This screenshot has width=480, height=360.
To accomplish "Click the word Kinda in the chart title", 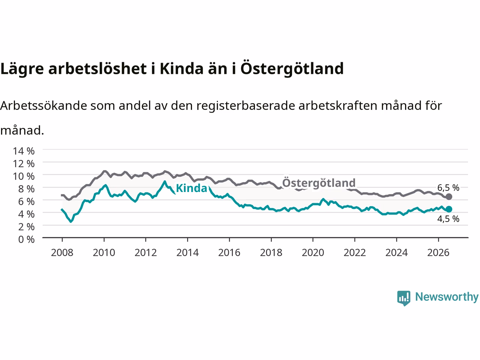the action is pyautogui.click(x=181, y=69).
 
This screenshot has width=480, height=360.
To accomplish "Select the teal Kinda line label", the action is pyautogui.click(x=191, y=188).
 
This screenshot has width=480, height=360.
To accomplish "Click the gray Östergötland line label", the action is pyautogui.click(x=319, y=183).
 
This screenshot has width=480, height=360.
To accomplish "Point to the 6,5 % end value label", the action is pyautogui.click(x=448, y=187).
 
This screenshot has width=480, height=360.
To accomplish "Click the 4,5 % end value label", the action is pyautogui.click(x=448, y=219).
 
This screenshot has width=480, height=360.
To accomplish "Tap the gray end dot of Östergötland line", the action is pyautogui.click(x=449, y=197).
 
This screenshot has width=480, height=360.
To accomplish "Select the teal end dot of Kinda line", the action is pyautogui.click(x=449, y=209).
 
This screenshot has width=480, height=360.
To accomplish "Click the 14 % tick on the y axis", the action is pyautogui.click(x=24, y=151).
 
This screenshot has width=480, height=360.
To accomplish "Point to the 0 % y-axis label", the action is pyautogui.click(x=27, y=240).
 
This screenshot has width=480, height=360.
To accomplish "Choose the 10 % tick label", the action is pyautogui.click(x=24, y=176).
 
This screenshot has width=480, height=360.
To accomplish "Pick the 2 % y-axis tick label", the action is pyautogui.click(x=27, y=227).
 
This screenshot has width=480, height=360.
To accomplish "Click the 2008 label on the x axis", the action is pyautogui.click(x=62, y=253).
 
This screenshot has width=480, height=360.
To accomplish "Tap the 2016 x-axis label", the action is pyautogui.click(x=229, y=253).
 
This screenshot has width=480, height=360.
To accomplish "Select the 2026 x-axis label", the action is pyautogui.click(x=438, y=253).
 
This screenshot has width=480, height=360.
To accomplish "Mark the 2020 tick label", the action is pyautogui.click(x=313, y=253).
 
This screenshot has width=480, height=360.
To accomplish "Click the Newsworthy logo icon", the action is pyautogui.click(x=403, y=298).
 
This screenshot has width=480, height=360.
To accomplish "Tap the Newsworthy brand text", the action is pyautogui.click(x=447, y=297).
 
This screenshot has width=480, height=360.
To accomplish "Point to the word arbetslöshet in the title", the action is pyautogui.click(x=97, y=69).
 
